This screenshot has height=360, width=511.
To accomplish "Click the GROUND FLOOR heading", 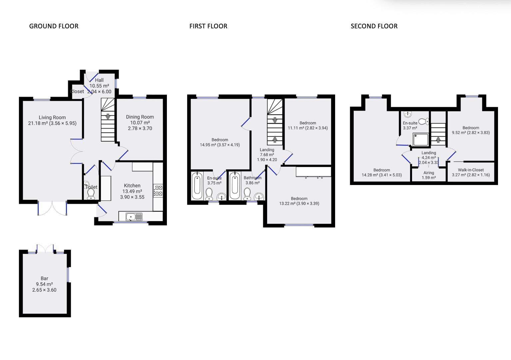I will [x=54, y=26].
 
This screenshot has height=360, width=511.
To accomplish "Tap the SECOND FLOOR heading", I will [x=374, y=26].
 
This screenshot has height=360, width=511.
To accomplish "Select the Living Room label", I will [x=52, y=117].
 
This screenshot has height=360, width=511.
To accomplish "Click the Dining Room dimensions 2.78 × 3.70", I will [x=140, y=128].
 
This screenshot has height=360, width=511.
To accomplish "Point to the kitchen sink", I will [x=134, y=217].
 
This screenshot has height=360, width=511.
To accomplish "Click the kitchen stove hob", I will [x=158, y=190].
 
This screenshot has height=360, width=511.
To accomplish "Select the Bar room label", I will [x=44, y=278].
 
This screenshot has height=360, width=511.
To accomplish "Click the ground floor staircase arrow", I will [x=108, y=117].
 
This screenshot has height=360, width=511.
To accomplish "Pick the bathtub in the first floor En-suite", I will [x=197, y=185].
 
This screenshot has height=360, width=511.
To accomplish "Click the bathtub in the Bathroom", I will [x=235, y=185].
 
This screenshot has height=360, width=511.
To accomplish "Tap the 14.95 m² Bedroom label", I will [x=220, y=140].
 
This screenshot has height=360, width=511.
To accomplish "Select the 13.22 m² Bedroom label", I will [x=299, y=198].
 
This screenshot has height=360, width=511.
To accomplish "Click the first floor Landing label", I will [x=267, y=150].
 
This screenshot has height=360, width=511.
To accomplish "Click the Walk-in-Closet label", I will [x=471, y=170].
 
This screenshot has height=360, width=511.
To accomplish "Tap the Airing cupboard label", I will [x=429, y=173].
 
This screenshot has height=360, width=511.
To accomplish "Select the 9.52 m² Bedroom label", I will [x=471, y=128].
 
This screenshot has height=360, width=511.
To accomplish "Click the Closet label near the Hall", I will [x=77, y=91].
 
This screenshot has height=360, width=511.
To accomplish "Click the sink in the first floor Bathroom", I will [x=259, y=196].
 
